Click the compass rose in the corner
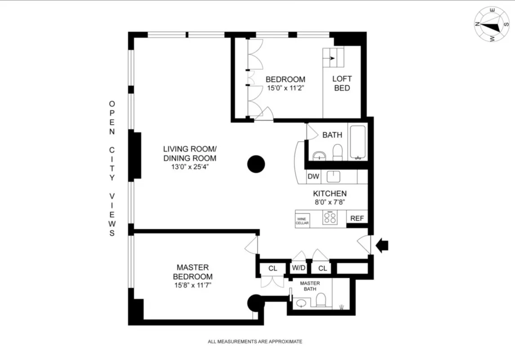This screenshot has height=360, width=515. point(492,24)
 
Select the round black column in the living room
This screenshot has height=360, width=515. point(256,164)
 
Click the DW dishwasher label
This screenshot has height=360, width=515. point(313,177)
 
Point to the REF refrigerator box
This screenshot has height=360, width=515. point(357,218)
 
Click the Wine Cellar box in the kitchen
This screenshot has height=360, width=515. point(302,221)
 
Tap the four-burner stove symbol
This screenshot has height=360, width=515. point(330,218)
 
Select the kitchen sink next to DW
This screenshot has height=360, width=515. point(334,177)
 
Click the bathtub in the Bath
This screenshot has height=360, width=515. point(358,142)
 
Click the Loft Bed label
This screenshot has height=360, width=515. point(342,84)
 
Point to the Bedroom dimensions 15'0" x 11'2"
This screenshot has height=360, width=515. point(285,89)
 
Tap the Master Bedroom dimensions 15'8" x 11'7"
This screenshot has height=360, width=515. point(192,285)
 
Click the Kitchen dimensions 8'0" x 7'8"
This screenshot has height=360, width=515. point(330,202)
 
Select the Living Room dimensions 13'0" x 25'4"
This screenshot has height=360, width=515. point(190,167)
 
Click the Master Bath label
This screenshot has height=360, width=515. point(310,286)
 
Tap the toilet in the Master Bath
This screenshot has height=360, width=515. point(321,300)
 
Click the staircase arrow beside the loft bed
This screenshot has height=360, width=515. point(332,58)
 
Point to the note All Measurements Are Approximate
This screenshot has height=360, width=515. point(255,342)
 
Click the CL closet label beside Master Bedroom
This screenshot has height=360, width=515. point(273,268)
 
